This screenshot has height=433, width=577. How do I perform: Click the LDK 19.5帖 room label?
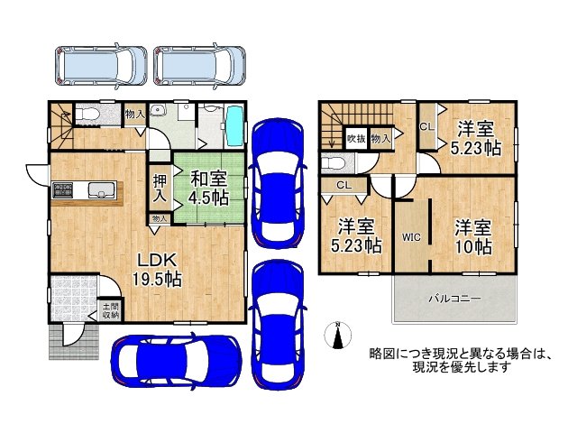(159, 271)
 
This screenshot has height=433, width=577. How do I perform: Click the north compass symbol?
(337, 335)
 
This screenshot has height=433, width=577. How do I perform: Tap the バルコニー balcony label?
(453, 299)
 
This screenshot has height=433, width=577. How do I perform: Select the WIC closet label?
(412, 237)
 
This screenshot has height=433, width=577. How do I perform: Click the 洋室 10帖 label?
(472, 235)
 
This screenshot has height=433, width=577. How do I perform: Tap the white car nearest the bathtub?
(199, 64)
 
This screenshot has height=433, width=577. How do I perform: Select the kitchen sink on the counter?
(100, 189)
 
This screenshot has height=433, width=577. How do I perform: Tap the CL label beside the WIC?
(344, 186)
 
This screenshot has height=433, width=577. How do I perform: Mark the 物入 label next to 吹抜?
(380, 139)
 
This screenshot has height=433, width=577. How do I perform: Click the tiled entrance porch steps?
(64, 340)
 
